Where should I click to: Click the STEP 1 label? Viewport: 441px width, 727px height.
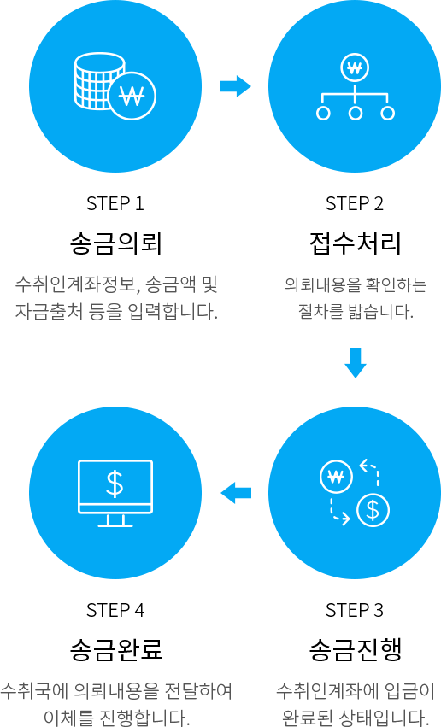click(115, 203)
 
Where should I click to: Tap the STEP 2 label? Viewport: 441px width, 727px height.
click(355, 203)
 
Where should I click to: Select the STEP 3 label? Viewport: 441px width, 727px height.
click(355, 610)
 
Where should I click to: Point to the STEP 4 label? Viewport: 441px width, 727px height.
click(115, 610)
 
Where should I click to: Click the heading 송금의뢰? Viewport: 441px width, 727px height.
click(115, 243)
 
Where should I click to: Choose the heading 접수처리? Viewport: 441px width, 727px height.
click(355, 243)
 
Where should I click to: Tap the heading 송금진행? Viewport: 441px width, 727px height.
click(355, 650)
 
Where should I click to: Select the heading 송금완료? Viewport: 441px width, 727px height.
click(116, 650)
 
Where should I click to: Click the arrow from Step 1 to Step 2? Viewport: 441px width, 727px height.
click(236, 86)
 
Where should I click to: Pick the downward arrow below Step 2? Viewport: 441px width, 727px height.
click(356, 362)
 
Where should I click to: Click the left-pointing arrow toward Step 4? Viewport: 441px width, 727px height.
click(236, 493)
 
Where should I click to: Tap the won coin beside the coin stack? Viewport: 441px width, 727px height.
click(132, 96)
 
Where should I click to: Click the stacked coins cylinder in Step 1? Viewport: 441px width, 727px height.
click(97, 80)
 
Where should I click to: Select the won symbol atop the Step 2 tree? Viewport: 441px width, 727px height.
click(355, 68)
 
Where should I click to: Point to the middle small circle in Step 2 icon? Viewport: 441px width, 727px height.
click(356, 113)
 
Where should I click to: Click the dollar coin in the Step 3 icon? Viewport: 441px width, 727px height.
click(373, 511)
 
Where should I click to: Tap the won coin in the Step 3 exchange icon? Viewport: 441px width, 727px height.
click(336, 477)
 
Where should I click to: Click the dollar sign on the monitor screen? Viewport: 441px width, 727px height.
click(115, 484)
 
